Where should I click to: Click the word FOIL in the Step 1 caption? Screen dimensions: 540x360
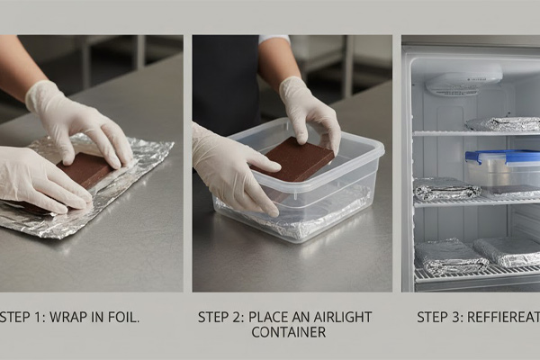126,318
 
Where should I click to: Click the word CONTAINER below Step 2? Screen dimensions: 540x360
289,332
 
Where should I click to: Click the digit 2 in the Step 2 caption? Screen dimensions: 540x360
239,318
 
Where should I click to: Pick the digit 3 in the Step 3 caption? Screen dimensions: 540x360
456,318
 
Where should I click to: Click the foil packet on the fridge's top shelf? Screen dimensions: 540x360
503,124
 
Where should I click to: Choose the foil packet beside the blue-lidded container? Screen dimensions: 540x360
447,190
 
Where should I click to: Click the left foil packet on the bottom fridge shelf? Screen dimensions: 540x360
451,256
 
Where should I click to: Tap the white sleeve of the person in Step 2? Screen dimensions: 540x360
274,39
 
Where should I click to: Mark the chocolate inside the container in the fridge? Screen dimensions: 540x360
514,189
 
